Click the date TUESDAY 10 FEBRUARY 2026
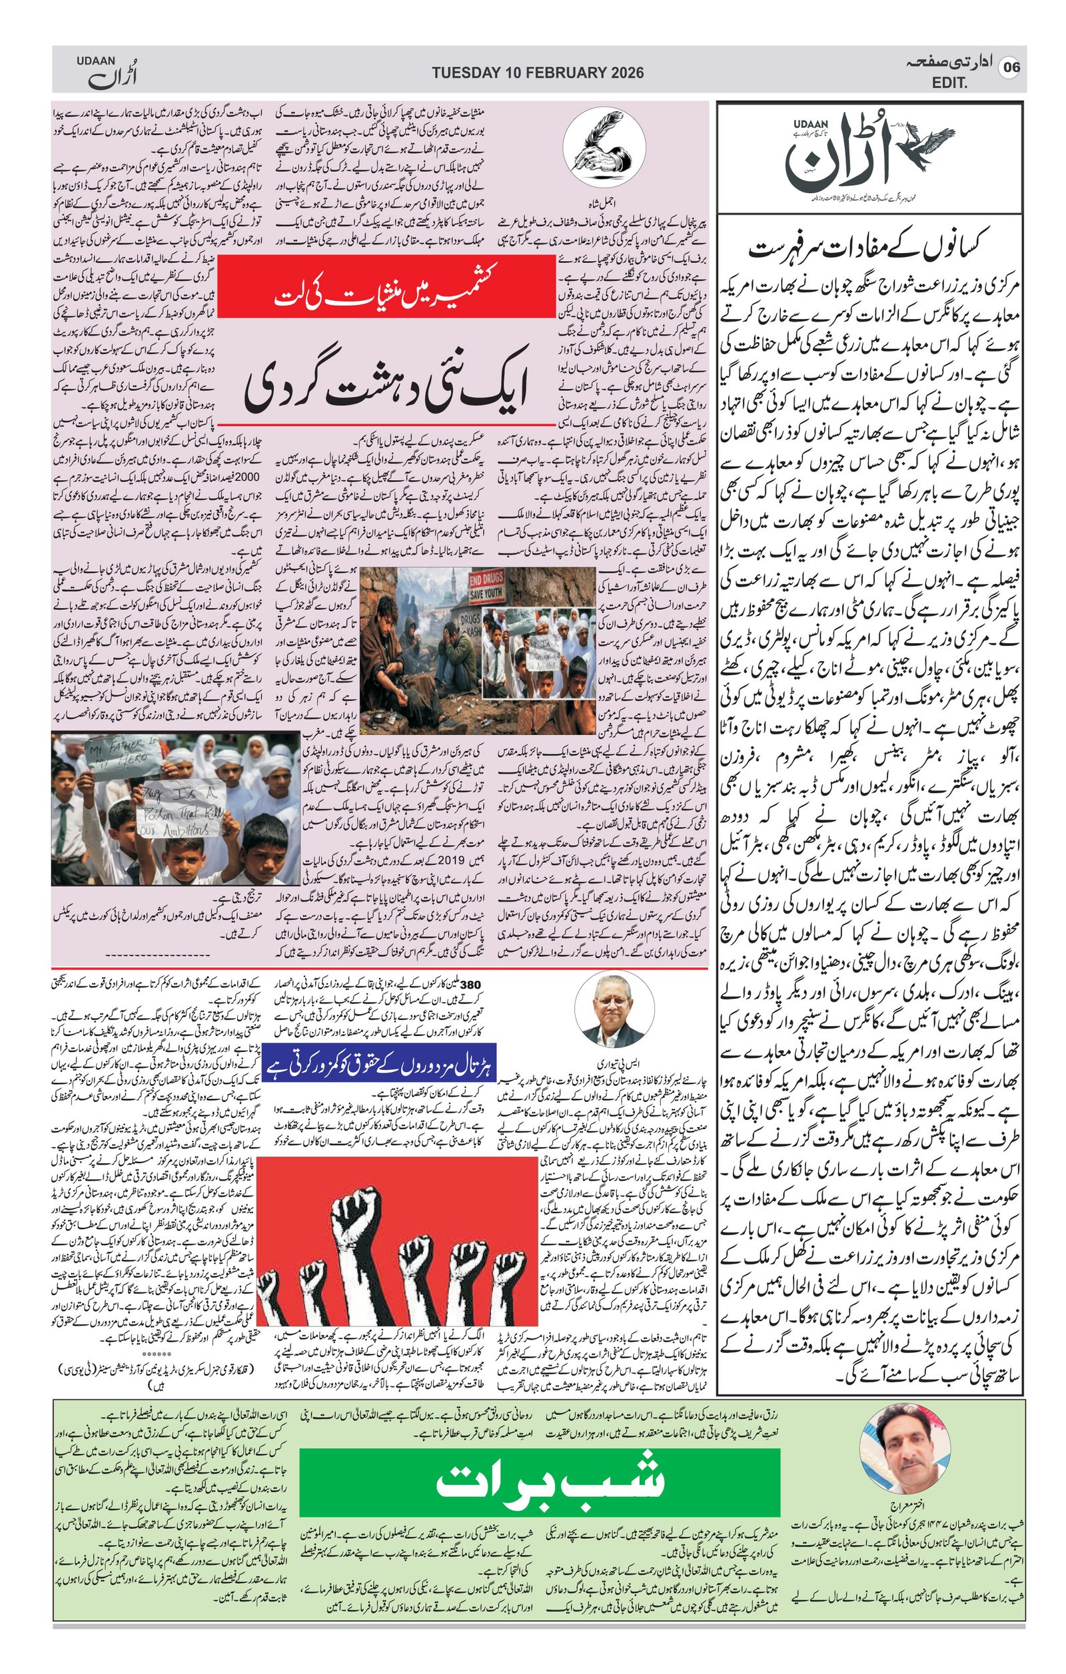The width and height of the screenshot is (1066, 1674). [x=537, y=73]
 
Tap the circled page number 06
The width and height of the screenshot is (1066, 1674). [x=1011, y=67]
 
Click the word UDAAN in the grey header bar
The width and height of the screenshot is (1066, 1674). [x=95, y=61]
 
